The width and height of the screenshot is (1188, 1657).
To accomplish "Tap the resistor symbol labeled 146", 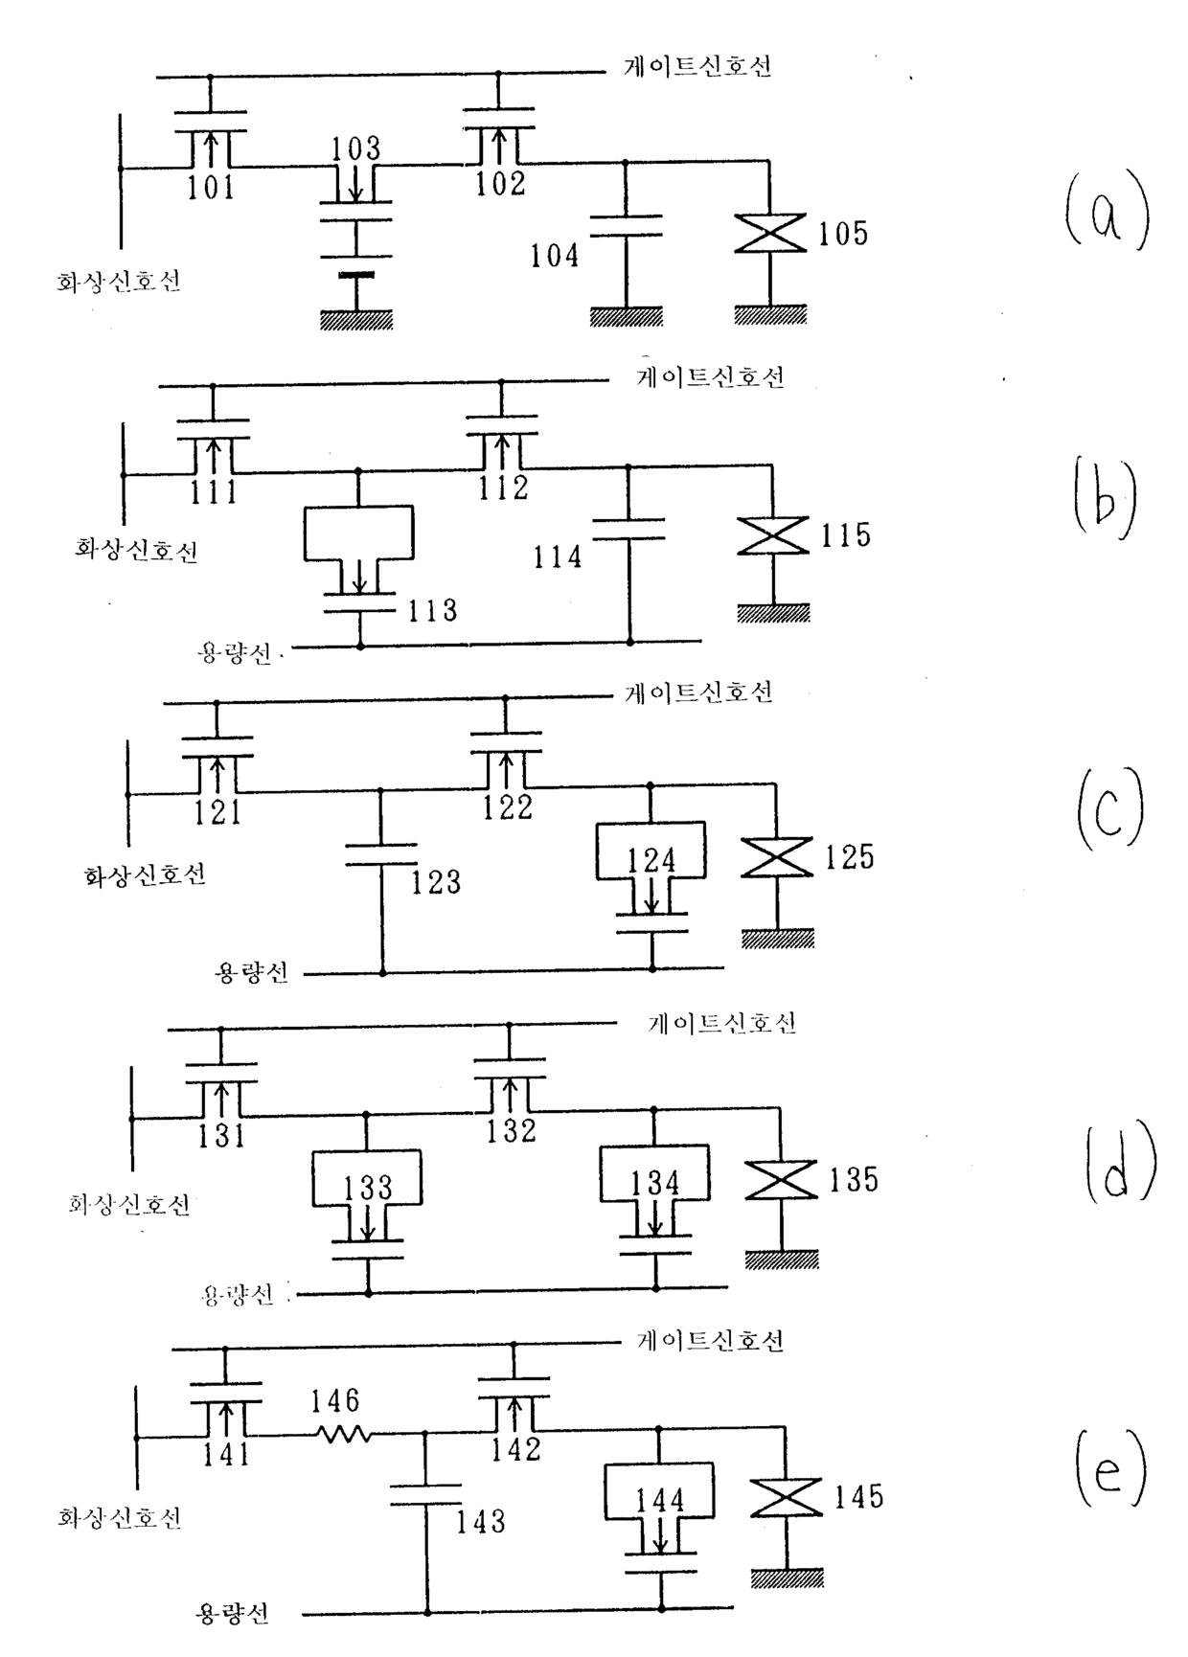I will pos(343,1434).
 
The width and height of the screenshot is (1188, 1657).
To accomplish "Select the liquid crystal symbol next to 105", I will pos(770,234).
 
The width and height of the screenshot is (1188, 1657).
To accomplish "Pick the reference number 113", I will pos(432,610).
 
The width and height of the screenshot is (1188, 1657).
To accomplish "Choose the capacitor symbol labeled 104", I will pos(626,227).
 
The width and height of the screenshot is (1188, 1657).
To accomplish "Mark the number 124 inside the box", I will pos(651,860).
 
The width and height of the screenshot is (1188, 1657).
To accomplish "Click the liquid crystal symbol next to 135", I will pos(781,1179).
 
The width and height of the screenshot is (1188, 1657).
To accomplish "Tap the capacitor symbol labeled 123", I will pos(381,853).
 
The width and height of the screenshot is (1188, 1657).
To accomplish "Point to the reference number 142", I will pos(516,1448).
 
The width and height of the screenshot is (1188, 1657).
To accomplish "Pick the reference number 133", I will pos(368,1188).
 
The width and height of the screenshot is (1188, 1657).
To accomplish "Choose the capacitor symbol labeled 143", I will pos(426,1495).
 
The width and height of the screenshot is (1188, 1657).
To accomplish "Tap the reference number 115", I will pos(845,535).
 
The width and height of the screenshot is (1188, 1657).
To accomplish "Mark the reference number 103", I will pos(356,148).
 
